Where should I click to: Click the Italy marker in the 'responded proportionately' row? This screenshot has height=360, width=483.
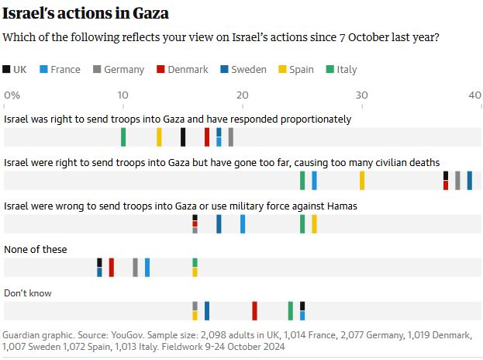(123, 137)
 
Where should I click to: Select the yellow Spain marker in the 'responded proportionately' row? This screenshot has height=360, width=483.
(159, 137)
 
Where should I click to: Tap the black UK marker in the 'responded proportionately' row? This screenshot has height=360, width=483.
(183, 137)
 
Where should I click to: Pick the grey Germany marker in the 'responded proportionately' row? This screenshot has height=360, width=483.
(231, 137)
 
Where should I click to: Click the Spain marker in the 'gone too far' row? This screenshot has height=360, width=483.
(362, 181)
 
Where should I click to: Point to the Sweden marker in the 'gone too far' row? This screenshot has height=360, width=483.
(470, 181)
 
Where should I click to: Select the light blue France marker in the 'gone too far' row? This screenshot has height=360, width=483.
(314, 181)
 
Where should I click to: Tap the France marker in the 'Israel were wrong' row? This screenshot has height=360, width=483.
(243, 224)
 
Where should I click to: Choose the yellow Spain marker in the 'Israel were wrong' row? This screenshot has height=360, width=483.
(314, 224)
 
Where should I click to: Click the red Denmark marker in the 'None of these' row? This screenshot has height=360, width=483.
(112, 268)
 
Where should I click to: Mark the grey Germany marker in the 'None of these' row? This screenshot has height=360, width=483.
(135, 268)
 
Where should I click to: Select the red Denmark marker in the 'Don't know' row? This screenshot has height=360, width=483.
(254, 311)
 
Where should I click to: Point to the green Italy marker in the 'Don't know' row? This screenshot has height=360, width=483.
(291, 311)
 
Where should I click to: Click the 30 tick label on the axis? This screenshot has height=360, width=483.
(360, 95)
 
